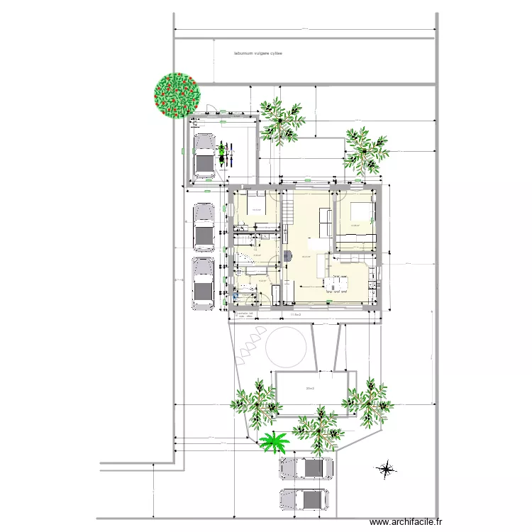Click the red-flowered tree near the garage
pos(177,94)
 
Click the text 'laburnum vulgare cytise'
pos(258,52)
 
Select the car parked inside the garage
pos(204,155)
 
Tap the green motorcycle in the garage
pos(224,151)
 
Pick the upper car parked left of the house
pos(204,228)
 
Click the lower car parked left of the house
pos(203,284)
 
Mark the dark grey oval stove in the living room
pos(287,256)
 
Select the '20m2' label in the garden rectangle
pos(309,389)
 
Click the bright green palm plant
pos(273,442)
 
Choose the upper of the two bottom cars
pos(306,468)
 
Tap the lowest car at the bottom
pos(305,499)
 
